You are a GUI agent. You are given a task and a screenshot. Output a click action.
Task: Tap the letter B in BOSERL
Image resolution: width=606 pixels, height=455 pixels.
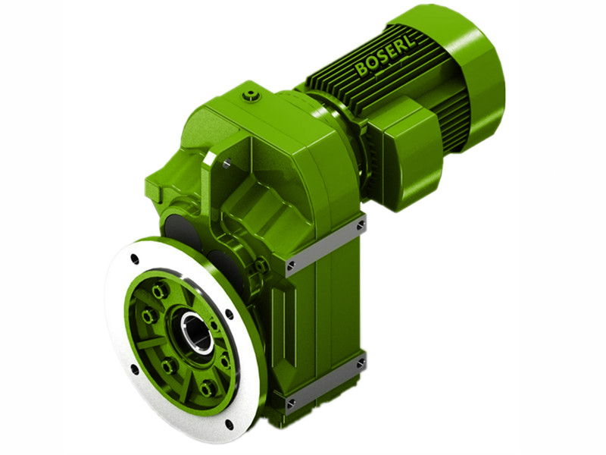tap(361, 71)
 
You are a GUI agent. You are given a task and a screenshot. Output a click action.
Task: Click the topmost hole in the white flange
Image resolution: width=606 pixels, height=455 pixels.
tap(135, 259)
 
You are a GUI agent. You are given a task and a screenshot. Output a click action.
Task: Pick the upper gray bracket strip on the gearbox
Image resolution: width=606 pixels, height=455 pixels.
tap(326, 243)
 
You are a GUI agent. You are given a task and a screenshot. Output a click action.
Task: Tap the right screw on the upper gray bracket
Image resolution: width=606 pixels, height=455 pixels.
tap(361, 224)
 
